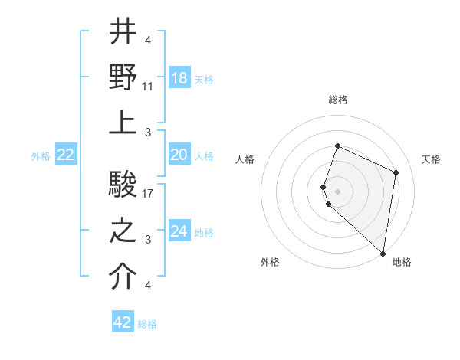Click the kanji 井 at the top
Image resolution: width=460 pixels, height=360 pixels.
coord(123,32)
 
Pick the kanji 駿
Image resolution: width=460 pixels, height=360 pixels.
coord(123,185)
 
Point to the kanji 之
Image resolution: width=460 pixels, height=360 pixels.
coord(123,231)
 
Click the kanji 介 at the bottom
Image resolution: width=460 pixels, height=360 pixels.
coord(123,277)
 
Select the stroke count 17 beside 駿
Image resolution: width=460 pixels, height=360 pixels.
coord(149,194)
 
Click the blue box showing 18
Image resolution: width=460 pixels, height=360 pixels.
coord(179,78)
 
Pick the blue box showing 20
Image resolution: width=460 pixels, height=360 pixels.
coord(179,155)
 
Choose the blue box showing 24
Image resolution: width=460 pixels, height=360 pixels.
coord(179,231)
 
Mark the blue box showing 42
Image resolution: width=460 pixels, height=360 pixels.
coord(123,322)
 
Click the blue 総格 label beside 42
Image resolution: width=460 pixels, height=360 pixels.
coord(147,324)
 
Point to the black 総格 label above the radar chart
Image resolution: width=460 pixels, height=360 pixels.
coord(337,100)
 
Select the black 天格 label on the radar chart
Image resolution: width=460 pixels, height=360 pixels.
coord(432,159)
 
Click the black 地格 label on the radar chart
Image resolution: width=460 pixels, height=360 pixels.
coord(402,262)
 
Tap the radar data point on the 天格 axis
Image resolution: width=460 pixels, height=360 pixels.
coord(396,172)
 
